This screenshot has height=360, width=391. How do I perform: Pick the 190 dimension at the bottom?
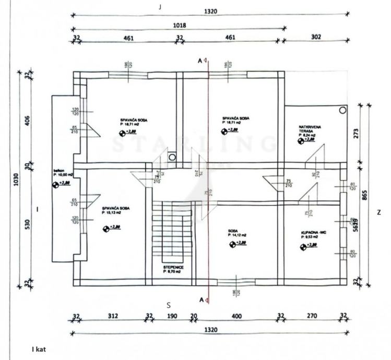172,316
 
